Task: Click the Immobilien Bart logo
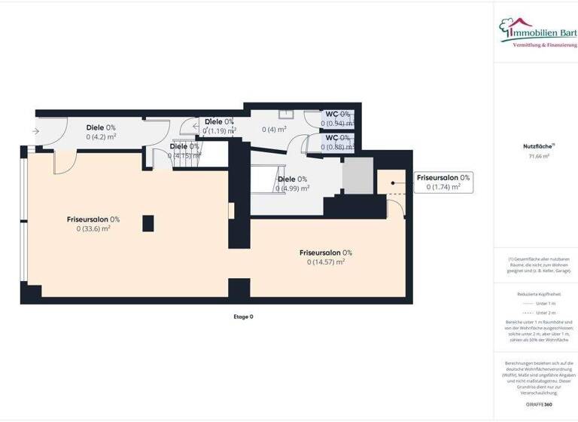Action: point(537,35)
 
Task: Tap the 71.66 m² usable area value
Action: point(536,156)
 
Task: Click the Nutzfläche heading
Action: point(535,145)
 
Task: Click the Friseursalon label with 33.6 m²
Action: point(93,219)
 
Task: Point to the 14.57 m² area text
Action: point(326,262)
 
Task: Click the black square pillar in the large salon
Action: point(148,223)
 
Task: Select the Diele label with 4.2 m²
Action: point(101,127)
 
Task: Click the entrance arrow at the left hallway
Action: point(36,132)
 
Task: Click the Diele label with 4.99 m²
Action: point(293,179)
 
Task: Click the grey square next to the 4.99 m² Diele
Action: point(358,175)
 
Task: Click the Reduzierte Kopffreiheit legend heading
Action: point(536,294)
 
